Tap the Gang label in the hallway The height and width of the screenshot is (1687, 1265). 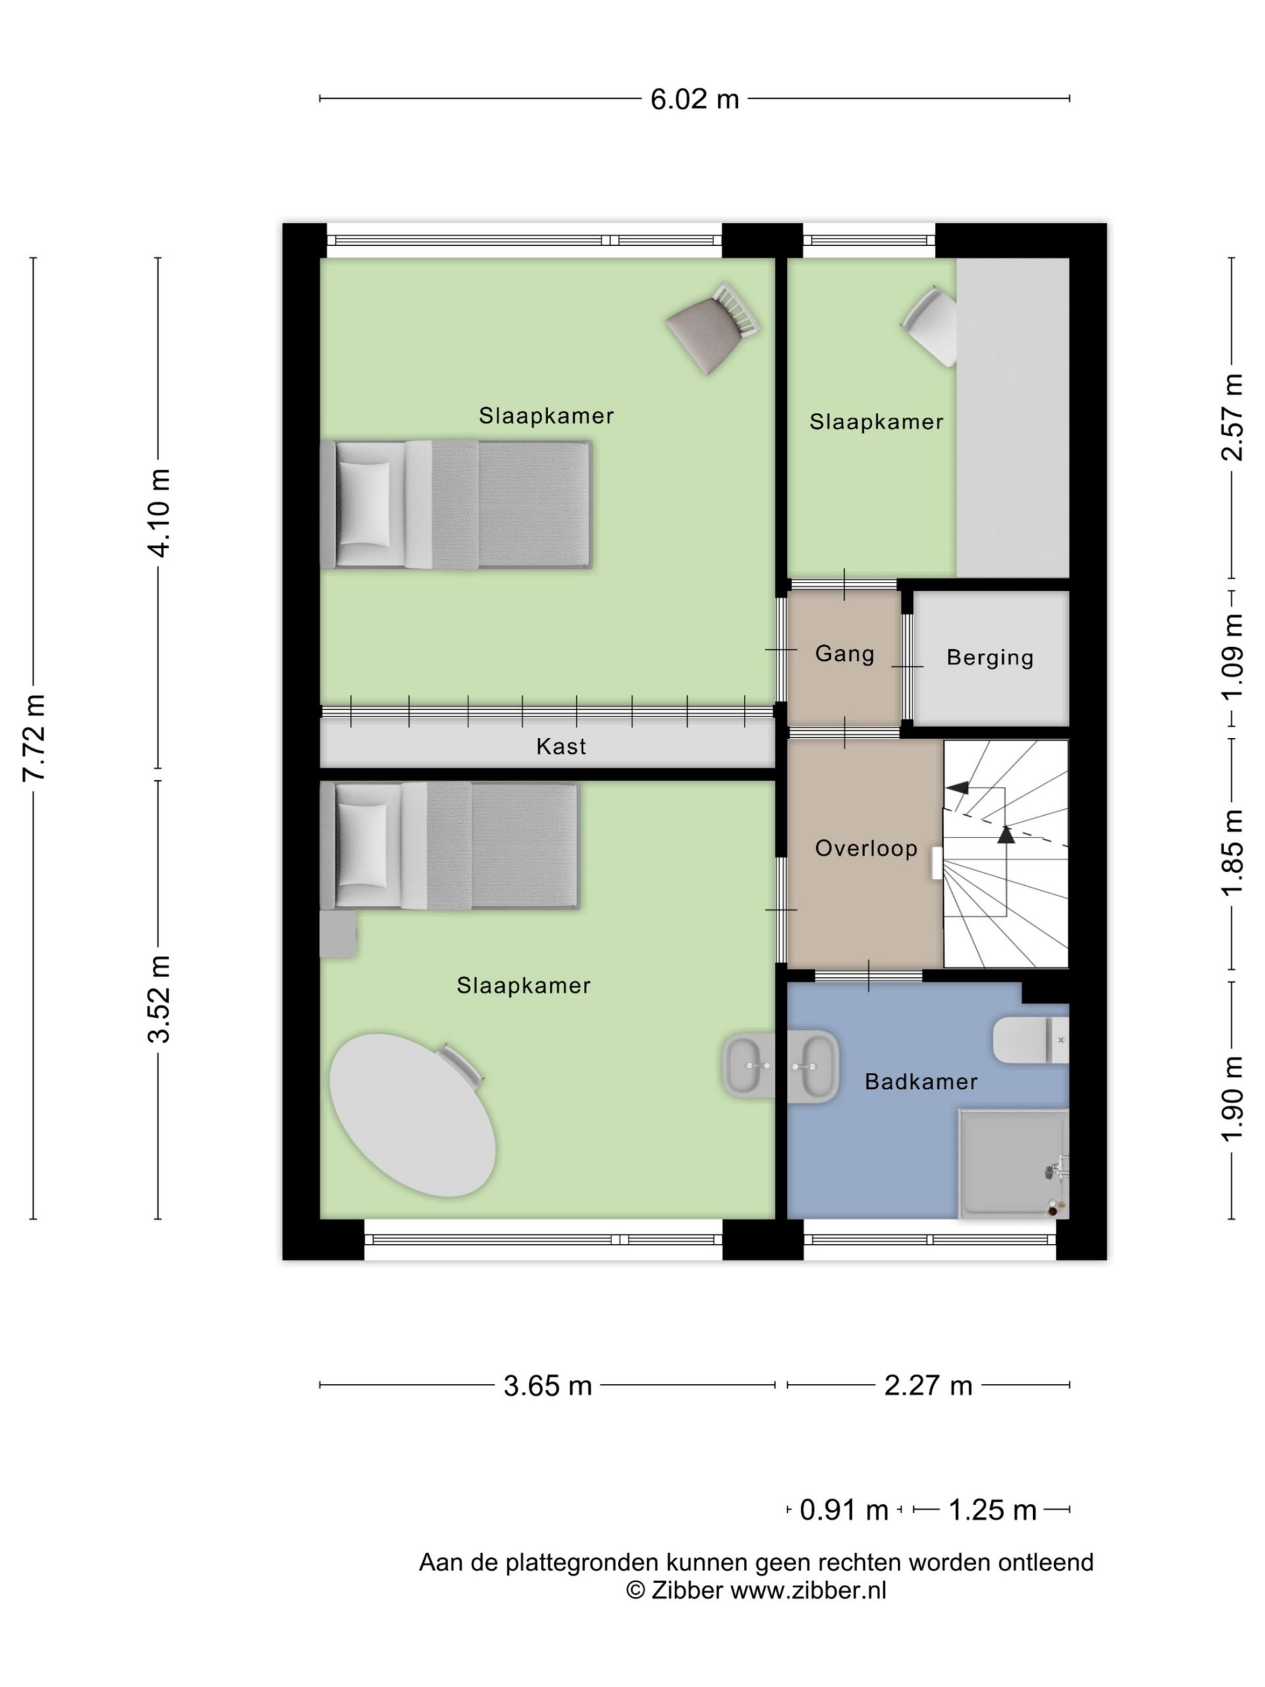point(844,654)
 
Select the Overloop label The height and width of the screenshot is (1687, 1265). point(866,848)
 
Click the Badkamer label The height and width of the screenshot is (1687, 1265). point(920,1081)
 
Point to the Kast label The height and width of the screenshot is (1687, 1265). point(561,746)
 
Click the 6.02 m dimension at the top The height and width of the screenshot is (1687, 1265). point(694,99)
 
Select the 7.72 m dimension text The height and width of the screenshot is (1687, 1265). point(35,737)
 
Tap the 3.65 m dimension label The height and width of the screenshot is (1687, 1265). point(548,1385)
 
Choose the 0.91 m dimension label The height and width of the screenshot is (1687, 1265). point(844,1509)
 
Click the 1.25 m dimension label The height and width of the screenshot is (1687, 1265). point(992,1509)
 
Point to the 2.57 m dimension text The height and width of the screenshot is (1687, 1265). point(1232,417)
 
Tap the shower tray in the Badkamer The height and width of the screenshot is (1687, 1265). point(1013,1164)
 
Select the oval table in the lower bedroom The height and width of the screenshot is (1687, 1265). point(412,1115)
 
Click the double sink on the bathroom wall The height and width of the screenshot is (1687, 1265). point(780,1066)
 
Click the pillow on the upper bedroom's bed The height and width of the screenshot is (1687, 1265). point(363,504)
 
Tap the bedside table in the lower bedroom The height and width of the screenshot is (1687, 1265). point(339,934)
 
